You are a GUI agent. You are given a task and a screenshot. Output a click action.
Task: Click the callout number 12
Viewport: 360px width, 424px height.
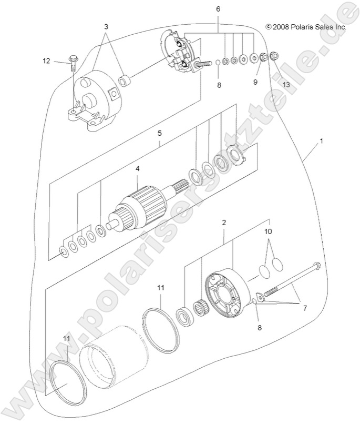[47, 61]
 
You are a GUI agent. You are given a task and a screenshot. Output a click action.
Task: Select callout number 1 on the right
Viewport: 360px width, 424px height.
[321, 142]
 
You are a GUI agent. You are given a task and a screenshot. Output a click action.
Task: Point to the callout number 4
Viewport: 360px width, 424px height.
[137, 169]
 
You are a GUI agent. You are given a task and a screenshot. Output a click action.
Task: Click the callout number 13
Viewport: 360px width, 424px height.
[286, 84]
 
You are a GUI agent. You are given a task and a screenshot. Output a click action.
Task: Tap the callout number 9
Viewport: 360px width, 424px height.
[256, 82]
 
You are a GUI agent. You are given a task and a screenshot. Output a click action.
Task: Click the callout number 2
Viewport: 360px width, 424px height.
[224, 223]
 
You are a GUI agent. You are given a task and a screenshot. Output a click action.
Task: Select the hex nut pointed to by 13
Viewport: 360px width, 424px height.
[273, 55]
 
